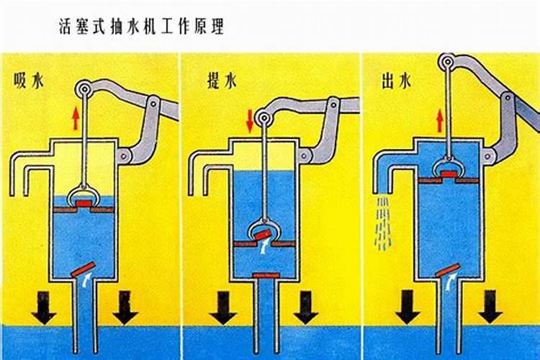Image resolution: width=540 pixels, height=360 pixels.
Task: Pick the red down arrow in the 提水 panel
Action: [250, 120]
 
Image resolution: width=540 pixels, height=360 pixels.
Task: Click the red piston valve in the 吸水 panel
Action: [84, 204]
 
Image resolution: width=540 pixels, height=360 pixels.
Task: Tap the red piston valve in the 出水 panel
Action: [449, 174]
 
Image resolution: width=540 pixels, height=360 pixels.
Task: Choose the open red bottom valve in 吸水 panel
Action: [84, 269]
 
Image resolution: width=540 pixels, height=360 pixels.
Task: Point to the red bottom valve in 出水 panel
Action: [449, 270]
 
